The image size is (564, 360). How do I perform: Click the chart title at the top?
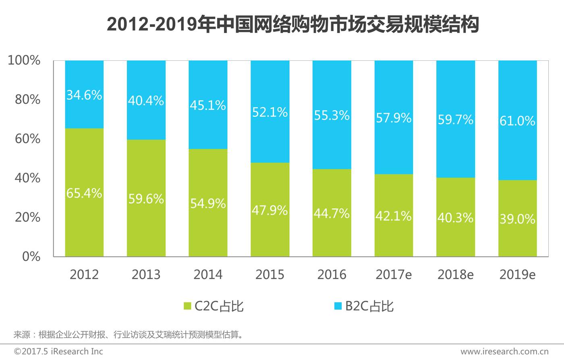click(293, 25)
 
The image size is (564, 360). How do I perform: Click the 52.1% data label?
click(270, 112)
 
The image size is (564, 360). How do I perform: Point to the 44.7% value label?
click(332, 213)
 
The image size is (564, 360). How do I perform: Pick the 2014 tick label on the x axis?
click(208, 275)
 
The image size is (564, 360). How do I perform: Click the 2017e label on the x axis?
click(394, 275)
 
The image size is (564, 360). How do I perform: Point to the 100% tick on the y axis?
click(24, 60)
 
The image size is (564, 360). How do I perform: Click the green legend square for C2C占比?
click(187, 306)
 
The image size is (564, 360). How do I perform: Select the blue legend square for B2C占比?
click(338, 306)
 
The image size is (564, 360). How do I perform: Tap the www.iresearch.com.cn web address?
click(504, 352)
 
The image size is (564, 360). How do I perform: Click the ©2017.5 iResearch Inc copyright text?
click(58, 352)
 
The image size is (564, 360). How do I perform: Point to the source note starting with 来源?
click(129, 335)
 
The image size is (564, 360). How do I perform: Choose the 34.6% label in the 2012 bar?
click(84, 95)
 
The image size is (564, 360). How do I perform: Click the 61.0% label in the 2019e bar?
click(517, 121)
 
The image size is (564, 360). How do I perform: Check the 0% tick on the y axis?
click(31, 257)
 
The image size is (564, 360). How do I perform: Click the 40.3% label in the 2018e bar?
click(455, 217)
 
